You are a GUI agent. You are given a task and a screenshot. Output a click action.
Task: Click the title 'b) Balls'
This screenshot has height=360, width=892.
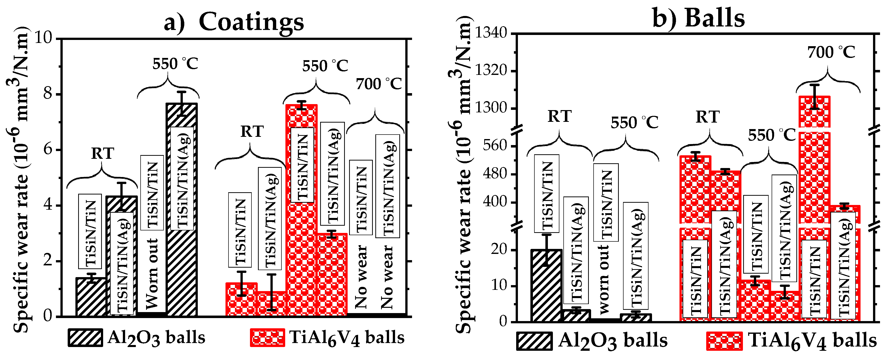coord(698,18)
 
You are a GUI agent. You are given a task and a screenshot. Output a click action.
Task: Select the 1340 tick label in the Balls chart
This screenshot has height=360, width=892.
coord(491,33)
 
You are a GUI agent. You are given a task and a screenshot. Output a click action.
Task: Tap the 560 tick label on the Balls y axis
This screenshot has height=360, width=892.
coord(495,145)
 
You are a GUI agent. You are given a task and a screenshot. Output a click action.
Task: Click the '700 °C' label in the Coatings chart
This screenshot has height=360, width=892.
coord(379,84)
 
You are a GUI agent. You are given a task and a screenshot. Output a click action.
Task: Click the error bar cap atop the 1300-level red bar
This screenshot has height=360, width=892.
coord(814,85)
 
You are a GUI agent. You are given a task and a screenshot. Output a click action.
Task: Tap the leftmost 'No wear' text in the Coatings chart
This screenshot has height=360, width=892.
coord(361,277)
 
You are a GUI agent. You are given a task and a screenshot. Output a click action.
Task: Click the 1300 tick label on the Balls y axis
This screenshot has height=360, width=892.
coord(491,108)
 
